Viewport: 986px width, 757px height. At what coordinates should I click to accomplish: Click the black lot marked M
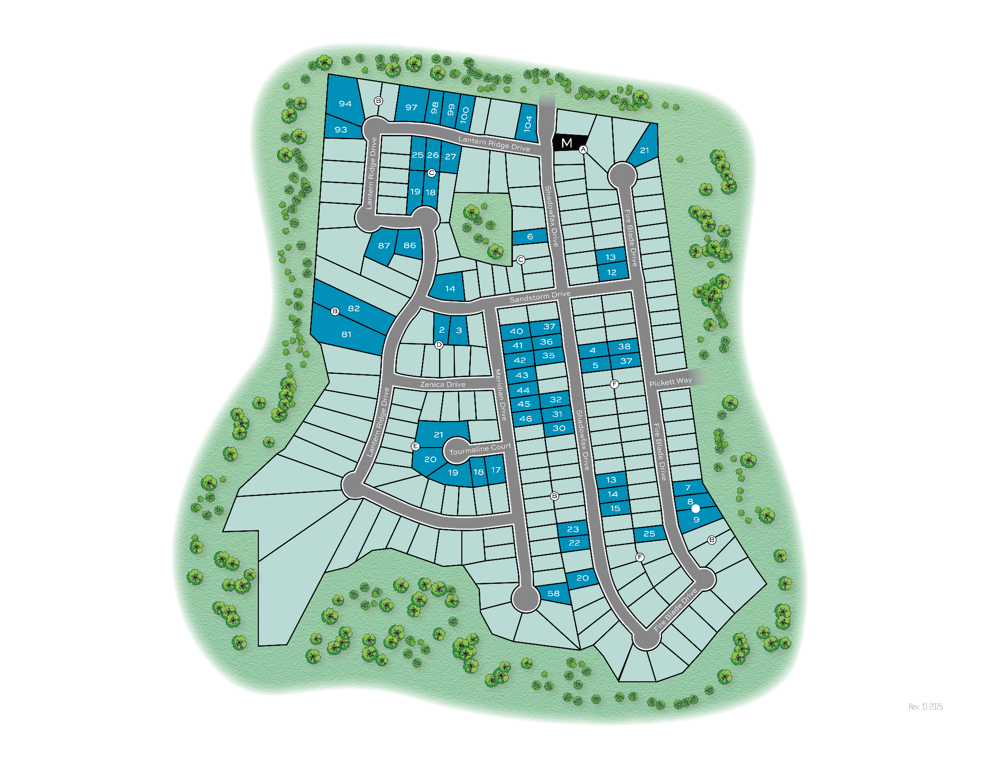point(567,143)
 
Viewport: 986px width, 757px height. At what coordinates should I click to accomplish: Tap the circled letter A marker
point(583,150)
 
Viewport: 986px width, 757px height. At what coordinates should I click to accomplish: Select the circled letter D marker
point(439,345)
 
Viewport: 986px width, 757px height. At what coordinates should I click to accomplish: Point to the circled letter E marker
point(415,446)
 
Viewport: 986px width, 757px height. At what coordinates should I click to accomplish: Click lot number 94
point(345,104)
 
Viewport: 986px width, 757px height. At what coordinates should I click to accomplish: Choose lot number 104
point(528,124)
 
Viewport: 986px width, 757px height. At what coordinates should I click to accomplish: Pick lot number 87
point(384,246)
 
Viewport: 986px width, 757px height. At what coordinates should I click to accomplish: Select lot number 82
point(354,308)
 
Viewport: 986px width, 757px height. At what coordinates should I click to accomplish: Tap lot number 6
point(530,237)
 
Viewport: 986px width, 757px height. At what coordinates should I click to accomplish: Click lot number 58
point(553,593)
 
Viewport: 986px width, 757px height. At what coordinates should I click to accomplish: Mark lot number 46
point(525,419)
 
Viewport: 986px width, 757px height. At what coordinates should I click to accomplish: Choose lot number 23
point(572,529)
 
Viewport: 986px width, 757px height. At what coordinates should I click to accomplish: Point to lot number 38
point(624,346)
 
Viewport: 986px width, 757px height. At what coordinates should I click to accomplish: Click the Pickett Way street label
point(670,382)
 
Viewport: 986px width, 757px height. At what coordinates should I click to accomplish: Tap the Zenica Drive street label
point(442,385)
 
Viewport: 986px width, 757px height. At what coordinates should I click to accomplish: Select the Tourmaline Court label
point(480,449)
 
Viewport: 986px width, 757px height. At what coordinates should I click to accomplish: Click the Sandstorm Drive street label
point(539,297)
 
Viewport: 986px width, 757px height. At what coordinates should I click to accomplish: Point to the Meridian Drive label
point(501,395)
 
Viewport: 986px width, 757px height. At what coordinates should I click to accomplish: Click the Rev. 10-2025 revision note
point(925,707)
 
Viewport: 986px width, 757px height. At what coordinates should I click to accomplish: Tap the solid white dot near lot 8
point(695,509)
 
